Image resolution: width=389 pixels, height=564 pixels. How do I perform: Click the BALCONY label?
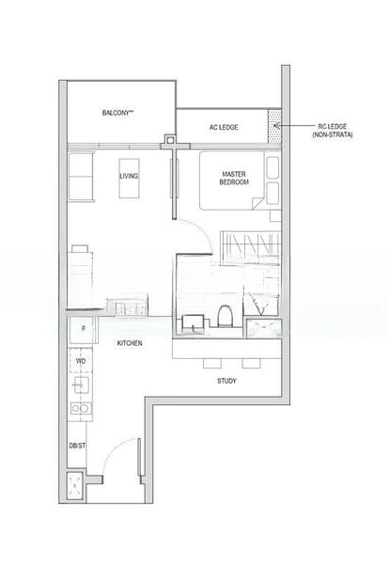(118, 113)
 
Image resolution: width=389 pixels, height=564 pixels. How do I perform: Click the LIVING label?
(129, 175)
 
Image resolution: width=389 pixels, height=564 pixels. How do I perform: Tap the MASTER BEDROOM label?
(234, 178)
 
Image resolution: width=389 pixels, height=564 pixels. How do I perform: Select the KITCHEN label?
(130, 344)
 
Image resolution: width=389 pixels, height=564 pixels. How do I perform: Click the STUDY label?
(226, 381)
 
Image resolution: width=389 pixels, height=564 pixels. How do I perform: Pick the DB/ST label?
(78, 445)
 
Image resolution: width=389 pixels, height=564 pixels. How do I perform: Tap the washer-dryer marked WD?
(81, 360)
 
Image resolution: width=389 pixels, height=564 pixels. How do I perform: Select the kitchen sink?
(80, 384)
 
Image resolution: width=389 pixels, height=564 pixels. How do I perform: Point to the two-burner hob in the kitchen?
(80, 410)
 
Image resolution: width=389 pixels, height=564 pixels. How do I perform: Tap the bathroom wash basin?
(193, 321)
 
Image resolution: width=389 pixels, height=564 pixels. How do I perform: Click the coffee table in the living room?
(129, 187)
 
